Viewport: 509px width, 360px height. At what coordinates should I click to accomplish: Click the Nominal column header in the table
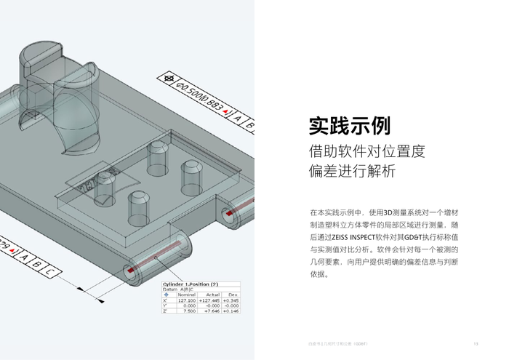pyautogui.click(x=186, y=295)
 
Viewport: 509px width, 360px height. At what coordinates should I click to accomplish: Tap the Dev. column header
pyautogui.click(x=233, y=295)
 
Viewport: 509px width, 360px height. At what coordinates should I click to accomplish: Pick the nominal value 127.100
pyautogui.click(x=186, y=300)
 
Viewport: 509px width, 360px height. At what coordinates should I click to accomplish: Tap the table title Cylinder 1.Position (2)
pyautogui.click(x=191, y=284)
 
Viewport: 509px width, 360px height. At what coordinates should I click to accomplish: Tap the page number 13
pyautogui.click(x=476, y=343)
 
